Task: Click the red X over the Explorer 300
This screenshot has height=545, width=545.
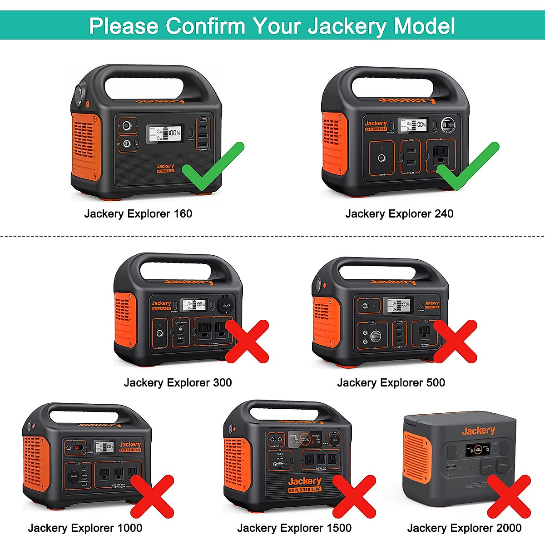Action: pyautogui.click(x=247, y=341)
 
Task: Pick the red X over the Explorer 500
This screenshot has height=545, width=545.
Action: pyautogui.click(x=455, y=341)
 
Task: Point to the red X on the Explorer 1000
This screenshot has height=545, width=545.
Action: pyautogui.click(x=153, y=496)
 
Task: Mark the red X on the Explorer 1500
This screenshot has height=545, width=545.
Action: pyautogui.click(x=354, y=496)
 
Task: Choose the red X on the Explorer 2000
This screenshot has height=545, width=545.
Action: pyautogui.click(x=509, y=496)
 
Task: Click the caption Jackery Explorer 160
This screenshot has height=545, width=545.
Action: pyautogui.click(x=138, y=213)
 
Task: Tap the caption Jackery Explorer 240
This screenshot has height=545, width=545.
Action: pyautogui.click(x=399, y=213)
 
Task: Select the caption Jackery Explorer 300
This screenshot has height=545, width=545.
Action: pyautogui.click(x=178, y=382)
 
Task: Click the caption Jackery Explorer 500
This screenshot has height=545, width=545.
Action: pyautogui.click(x=391, y=382)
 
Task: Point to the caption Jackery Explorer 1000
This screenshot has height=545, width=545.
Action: pyautogui.click(x=85, y=528)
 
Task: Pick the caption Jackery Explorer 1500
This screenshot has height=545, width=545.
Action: pyautogui.click(x=294, y=528)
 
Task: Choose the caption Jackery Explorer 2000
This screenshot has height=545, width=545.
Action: pyautogui.click(x=464, y=528)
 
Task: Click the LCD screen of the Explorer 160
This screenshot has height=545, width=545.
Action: pyautogui.click(x=165, y=134)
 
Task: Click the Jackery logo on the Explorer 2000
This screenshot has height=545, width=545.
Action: pyautogui.click(x=478, y=431)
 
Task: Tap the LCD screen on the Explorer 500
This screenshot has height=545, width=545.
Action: pyautogui.click(x=398, y=305)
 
